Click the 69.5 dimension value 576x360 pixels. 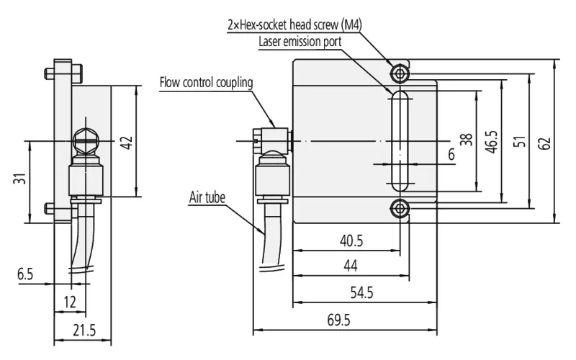pyautogui.click(x=338, y=320)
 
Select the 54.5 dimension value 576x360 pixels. pyautogui.click(x=361, y=293)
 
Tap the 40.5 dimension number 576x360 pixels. pyautogui.click(x=351, y=241)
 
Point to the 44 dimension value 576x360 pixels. pyautogui.click(x=351, y=266)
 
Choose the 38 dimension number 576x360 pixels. pyautogui.click(x=466, y=140)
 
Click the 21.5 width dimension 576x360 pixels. pyautogui.click(x=84, y=330)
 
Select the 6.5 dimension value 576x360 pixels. pyautogui.click(x=25, y=274)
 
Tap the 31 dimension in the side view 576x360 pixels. pyautogui.click(x=20, y=179)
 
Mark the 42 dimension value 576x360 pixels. pyautogui.click(x=127, y=143)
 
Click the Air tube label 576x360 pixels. pyautogui.click(x=207, y=197)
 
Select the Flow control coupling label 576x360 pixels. pyautogui.click(x=206, y=82)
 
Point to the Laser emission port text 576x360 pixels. pyautogui.click(x=300, y=42)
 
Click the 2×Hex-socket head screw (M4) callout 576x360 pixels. pyautogui.click(x=294, y=24)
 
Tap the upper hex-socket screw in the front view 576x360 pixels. pyautogui.click(x=400, y=74)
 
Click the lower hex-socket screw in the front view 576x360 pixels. pyautogui.click(x=400, y=209)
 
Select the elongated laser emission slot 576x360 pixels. pyautogui.click(x=400, y=141)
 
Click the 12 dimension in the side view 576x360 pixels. pyautogui.click(x=70, y=302)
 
